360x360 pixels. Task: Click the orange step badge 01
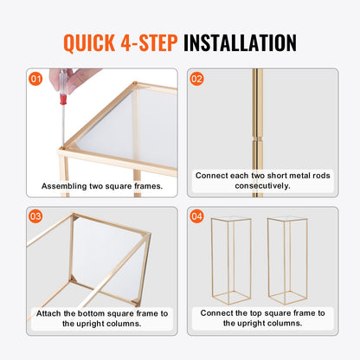coord(34,79)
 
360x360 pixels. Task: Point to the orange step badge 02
coord(197,79)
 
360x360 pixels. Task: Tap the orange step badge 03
coord(34,216)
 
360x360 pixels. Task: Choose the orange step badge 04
coord(197,216)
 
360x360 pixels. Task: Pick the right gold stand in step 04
coord(288,260)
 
